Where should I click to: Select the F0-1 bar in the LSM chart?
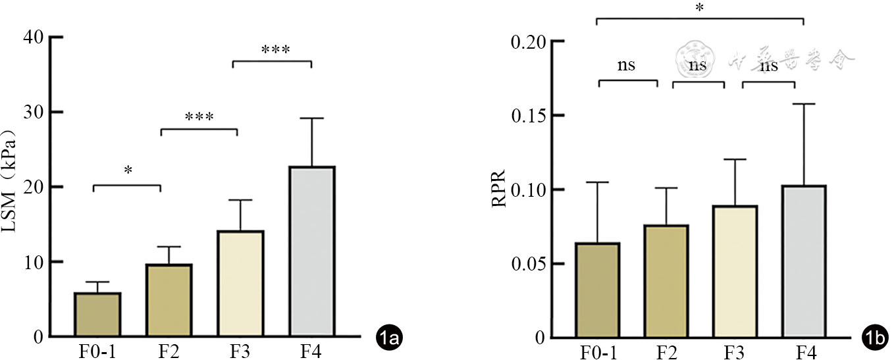[x=97, y=315]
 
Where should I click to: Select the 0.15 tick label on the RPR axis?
[x=531, y=116]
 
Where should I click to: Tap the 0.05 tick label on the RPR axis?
[x=531, y=264]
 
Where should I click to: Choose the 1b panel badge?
[x=875, y=339]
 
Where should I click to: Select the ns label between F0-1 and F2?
[x=627, y=65]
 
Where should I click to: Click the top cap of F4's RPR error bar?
[x=805, y=104]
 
